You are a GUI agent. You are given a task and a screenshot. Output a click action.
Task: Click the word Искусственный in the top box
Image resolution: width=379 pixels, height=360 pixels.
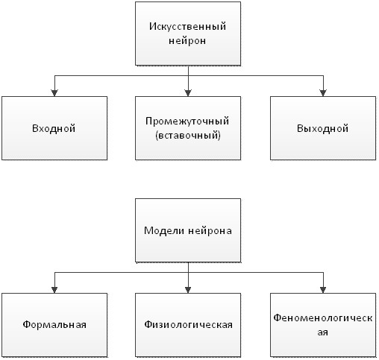(x=188, y=26)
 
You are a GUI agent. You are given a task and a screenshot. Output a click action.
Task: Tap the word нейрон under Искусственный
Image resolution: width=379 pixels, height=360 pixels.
(x=187, y=41)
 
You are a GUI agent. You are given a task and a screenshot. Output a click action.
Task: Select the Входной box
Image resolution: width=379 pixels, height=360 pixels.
(x=54, y=128)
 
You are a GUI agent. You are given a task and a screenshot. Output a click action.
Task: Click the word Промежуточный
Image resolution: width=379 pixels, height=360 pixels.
(x=187, y=121)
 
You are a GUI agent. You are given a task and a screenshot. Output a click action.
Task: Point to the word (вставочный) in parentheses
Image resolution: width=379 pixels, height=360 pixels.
(x=188, y=136)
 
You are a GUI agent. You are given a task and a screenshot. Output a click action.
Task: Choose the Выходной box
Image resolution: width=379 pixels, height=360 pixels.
(x=323, y=128)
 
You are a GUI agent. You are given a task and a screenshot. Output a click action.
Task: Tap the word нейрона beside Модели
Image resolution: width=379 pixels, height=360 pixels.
(x=210, y=231)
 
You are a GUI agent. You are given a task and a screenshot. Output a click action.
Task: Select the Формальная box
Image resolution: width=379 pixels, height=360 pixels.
(x=54, y=325)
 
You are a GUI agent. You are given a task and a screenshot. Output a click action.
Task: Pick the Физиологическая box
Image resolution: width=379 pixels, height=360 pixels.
(x=188, y=325)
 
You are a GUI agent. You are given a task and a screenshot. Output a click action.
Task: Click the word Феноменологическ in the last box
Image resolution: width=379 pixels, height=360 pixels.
(x=323, y=318)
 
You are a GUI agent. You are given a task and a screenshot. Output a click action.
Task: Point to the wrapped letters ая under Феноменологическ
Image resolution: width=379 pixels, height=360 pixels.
(x=323, y=332)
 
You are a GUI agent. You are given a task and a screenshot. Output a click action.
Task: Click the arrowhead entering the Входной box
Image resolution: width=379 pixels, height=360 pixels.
(x=54, y=93)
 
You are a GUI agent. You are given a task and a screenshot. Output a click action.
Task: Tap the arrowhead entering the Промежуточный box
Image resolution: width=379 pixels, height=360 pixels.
(x=188, y=93)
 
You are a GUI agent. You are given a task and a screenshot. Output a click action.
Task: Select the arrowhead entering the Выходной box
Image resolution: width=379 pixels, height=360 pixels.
(x=323, y=93)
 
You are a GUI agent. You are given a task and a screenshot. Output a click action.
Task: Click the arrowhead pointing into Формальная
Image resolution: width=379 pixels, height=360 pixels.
(x=54, y=290)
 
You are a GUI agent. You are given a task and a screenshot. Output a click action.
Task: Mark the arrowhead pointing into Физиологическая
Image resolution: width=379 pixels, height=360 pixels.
(x=188, y=290)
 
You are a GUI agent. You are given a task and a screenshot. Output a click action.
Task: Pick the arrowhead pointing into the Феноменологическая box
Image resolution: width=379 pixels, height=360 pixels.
(x=323, y=290)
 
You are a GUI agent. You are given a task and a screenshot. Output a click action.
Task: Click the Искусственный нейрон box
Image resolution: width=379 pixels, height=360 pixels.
(x=188, y=34)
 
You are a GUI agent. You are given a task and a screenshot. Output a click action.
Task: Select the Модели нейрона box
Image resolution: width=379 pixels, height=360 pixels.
(x=188, y=230)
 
